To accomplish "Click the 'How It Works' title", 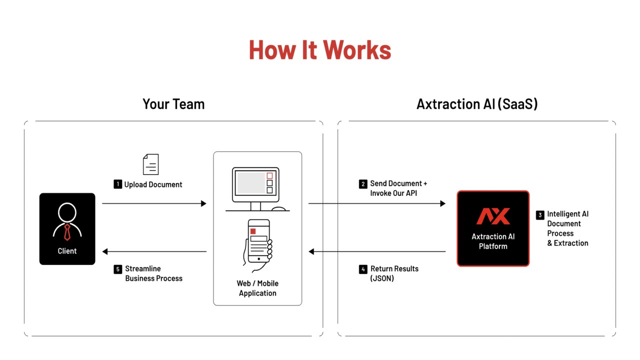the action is click(x=320, y=50).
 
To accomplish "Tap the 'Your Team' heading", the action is click(x=173, y=104).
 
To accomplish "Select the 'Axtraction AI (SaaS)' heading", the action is click(x=477, y=104).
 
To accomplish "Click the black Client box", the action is click(x=67, y=228).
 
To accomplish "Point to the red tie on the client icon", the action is click(x=67, y=232).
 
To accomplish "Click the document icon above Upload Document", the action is click(x=151, y=164).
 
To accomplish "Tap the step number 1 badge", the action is click(x=117, y=184).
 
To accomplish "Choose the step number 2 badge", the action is click(x=363, y=183).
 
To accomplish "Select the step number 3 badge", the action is click(x=540, y=215).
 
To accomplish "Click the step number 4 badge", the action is click(x=363, y=269).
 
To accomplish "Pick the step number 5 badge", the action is click(x=117, y=269).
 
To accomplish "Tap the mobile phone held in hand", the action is click(x=258, y=241).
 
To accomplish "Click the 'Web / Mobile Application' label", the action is click(x=257, y=288).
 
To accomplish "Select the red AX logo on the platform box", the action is click(x=493, y=215).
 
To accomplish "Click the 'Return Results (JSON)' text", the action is click(x=394, y=273).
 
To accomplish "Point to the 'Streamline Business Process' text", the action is click(x=153, y=273).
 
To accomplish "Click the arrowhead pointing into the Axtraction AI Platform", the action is click(x=443, y=203).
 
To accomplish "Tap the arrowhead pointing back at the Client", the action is click(x=105, y=251).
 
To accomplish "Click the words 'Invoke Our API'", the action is click(x=393, y=193).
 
